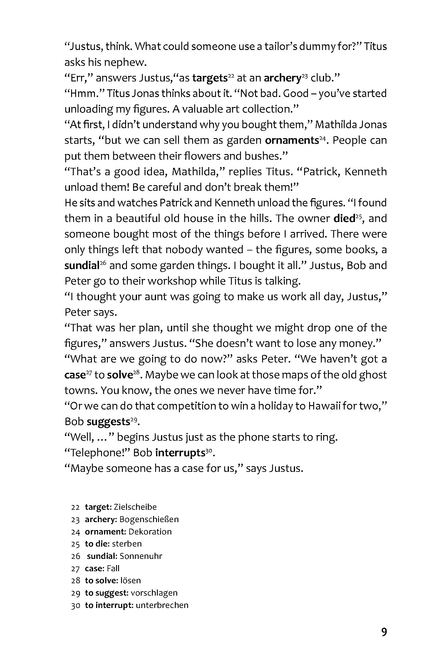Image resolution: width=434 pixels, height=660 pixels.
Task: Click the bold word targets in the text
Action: click(x=210, y=78)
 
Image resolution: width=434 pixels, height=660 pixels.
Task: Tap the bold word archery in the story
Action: click(x=282, y=78)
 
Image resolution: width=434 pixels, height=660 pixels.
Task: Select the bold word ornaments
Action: click(x=292, y=140)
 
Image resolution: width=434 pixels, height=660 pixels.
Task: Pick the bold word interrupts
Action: click(x=180, y=453)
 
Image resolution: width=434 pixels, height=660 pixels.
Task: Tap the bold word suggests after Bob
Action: click(x=108, y=422)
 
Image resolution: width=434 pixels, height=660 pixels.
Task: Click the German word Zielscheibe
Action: click(x=135, y=507)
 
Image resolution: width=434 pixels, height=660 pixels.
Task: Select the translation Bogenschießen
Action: click(x=149, y=519)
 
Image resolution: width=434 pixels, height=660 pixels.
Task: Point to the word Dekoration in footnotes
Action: click(x=150, y=532)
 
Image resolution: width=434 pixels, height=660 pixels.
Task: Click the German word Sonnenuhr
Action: click(x=141, y=556)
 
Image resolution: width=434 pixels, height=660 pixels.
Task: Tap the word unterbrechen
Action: click(x=162, y=605)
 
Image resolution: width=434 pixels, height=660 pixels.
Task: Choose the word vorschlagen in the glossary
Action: click(x=154, y=593)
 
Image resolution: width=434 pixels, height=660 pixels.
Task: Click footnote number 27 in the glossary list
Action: click(x=75, y=569)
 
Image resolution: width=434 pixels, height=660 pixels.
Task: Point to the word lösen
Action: click(x=130, y=580)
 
